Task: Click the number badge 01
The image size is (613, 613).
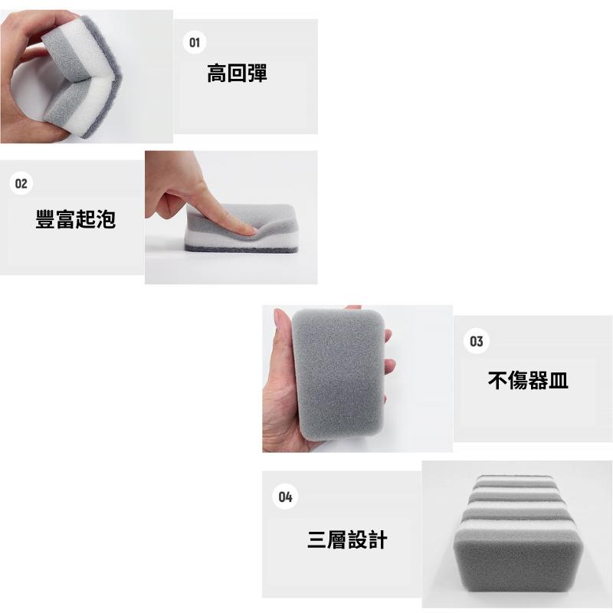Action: [x=195, y=42]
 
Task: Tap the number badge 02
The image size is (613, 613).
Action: [x=21, y=184]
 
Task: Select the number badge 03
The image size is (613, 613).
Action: [x=477, y=342]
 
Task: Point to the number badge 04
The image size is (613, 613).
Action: [x=285, y=497]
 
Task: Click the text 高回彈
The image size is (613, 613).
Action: [x=237, y=74]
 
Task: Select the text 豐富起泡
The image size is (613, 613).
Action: [x=75, y=219]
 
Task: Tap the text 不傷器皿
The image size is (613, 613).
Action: [x=528, y=379]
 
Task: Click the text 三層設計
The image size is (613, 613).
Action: [x=347, y=539]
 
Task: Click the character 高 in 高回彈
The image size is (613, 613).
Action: [x=217, y=74]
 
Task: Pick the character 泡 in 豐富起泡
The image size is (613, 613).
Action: [x=106, y=219]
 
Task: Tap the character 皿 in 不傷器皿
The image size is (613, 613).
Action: [x=559, y=379]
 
